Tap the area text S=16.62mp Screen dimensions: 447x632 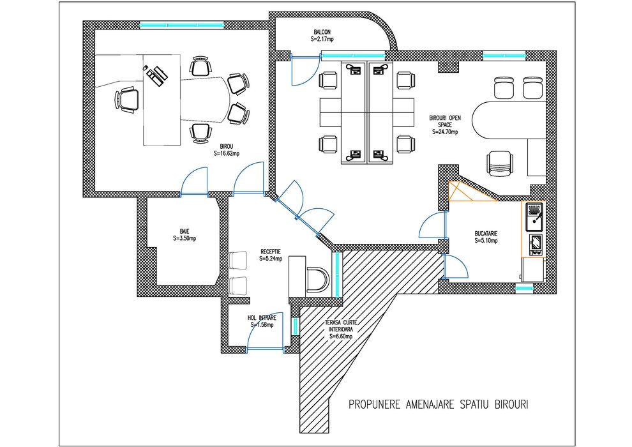(227, 153)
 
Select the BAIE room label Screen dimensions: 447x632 (184, 231)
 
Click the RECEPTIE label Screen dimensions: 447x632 (271, 252)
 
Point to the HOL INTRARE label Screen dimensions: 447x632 (262, 317)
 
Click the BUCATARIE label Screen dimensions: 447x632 (486, 234)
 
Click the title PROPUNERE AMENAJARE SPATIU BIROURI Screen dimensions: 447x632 (439, 405)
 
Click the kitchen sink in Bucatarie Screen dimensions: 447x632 (534, 217)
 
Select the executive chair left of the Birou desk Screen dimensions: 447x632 (126, 100)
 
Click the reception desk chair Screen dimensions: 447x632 (318, 279)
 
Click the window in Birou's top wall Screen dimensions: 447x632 (182, 26)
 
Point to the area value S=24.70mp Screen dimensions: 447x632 (445, 132)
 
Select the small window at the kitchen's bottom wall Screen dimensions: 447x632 (524, 289)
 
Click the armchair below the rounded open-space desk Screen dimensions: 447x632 (499, 162)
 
